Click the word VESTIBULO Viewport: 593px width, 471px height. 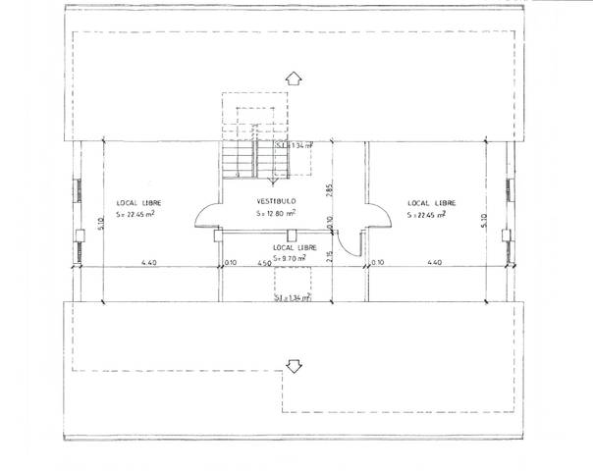coord(278,200)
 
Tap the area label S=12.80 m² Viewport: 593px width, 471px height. coord(278,212)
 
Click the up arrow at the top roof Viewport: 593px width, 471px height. coord(292,78)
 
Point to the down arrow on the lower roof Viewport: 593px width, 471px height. coord(292,365)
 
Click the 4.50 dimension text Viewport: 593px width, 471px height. coord(264,263)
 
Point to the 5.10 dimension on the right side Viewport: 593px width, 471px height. coord(485,222)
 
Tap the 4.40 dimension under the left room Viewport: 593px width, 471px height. coord(149,263)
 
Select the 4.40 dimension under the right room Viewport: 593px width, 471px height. coord(436,263)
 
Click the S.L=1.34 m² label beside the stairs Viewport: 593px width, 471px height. coord(294,145)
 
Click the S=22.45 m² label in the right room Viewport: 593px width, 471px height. coord(428,214)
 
